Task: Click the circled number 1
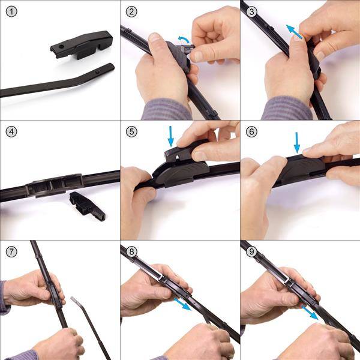point(11,11)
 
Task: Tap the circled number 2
point(131,11)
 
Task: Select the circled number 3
point(251,11)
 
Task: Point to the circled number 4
point(11,131)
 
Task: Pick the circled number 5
point(131,131)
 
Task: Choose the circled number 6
point(251,131)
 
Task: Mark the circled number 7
point(11,251)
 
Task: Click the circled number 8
point(131,251)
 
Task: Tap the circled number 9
point(251,251)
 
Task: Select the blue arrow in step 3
point(294,32)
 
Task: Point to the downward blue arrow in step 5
point(170,136)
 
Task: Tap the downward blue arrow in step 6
point(297,142)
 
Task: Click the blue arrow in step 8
point(182,304)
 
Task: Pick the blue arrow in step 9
point(310,312)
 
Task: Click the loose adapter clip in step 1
point(82,45)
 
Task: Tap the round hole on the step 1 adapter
point(61,47)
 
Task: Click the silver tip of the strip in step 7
point(74,299)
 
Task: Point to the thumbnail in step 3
point(298,37)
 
